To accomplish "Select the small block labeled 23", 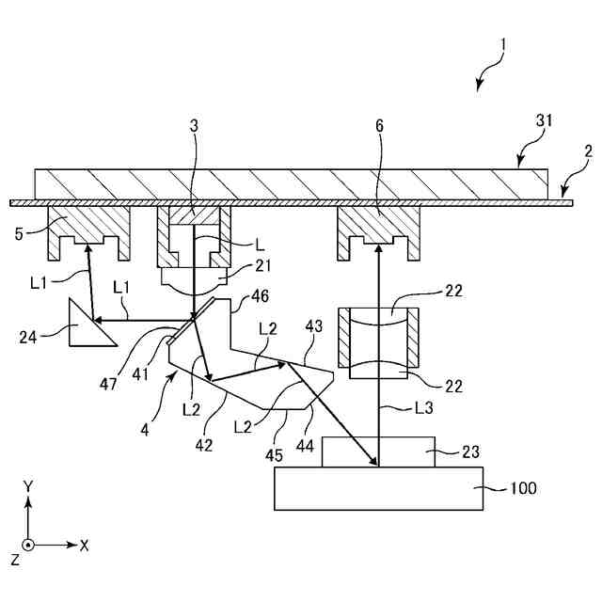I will pos(378,451).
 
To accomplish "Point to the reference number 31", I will pos(545,120).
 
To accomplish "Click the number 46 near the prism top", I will pos(258,295).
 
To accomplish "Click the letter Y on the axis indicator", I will pos(28,486).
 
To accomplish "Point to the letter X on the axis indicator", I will pos(85,545).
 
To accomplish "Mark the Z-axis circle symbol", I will pos(28,545).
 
